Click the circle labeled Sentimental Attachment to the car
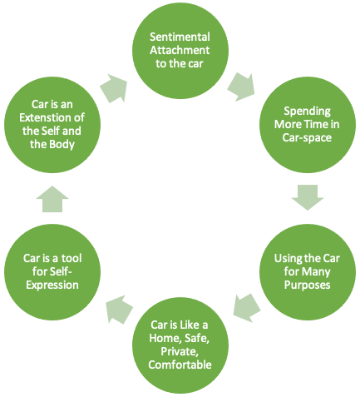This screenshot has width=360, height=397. pos(180,51)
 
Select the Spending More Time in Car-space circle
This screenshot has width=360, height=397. pos(308,125)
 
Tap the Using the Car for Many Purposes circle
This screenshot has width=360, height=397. pos(308,272)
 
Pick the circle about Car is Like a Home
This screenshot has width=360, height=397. pos(180,345)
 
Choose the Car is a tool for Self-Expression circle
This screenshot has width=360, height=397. pos(52,272)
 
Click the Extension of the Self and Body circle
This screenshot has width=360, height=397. pos(52,125)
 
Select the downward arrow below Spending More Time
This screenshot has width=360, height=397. pos(308,197)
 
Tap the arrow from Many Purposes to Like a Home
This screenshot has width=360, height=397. pos(246,308)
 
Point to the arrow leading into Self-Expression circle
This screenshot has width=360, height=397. pos(119,310)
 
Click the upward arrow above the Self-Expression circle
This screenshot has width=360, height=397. pos(52,199)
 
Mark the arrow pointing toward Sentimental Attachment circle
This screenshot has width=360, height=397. pos(114,88)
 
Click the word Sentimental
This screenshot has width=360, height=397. pos(180,37)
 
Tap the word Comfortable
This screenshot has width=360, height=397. pos(180,365)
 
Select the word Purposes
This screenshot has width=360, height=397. pos(308,285)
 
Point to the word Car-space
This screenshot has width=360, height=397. pos(307,138)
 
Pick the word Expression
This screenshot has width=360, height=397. pos(52,285)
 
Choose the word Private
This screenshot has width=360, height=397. pos(180,351)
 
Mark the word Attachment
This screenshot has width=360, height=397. pos(180,50)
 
